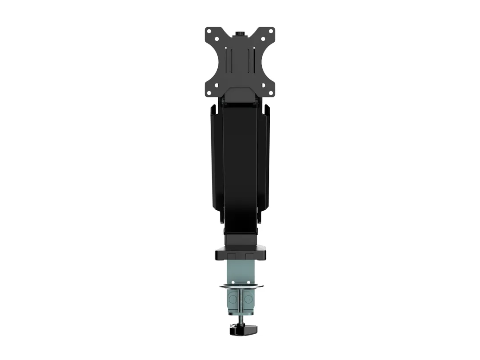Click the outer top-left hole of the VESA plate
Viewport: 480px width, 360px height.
tap(209, 31)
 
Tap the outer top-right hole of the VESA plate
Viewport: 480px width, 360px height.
tap(270, 31)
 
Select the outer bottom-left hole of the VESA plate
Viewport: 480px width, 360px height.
tap(209, 92)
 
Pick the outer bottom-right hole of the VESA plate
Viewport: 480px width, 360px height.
tap(270, 92)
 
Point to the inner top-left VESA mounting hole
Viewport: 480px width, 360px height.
tap(216, 39)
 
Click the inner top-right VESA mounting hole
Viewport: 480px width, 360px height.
tap(263, 39)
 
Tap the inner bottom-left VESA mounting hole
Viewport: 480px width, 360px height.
tap(216, 85)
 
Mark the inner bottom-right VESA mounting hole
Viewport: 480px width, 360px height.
tap(263, 85)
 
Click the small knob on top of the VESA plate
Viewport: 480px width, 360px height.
tap(240, 33)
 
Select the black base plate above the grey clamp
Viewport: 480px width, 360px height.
tap(240, 255)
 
